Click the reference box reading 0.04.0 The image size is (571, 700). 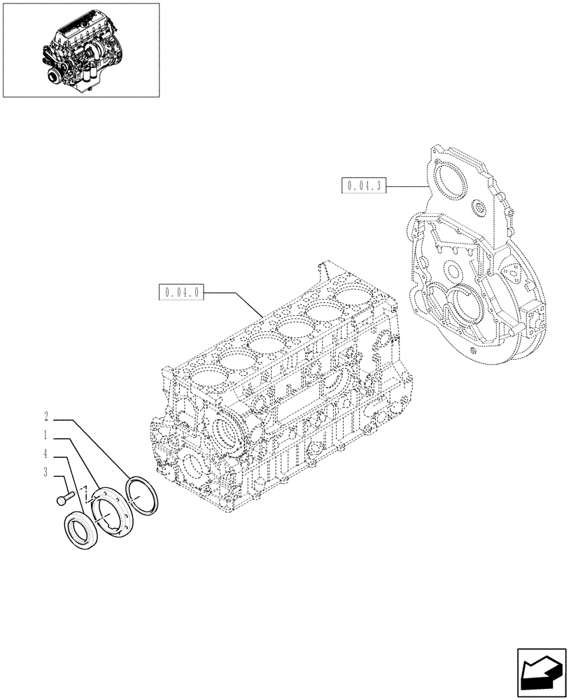click(181, 292)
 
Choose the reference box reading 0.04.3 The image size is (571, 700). click(362, 185)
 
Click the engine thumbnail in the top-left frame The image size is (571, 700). click(80, 50)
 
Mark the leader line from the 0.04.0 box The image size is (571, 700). click(238, 302)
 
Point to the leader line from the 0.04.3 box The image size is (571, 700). click(406, 186)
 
